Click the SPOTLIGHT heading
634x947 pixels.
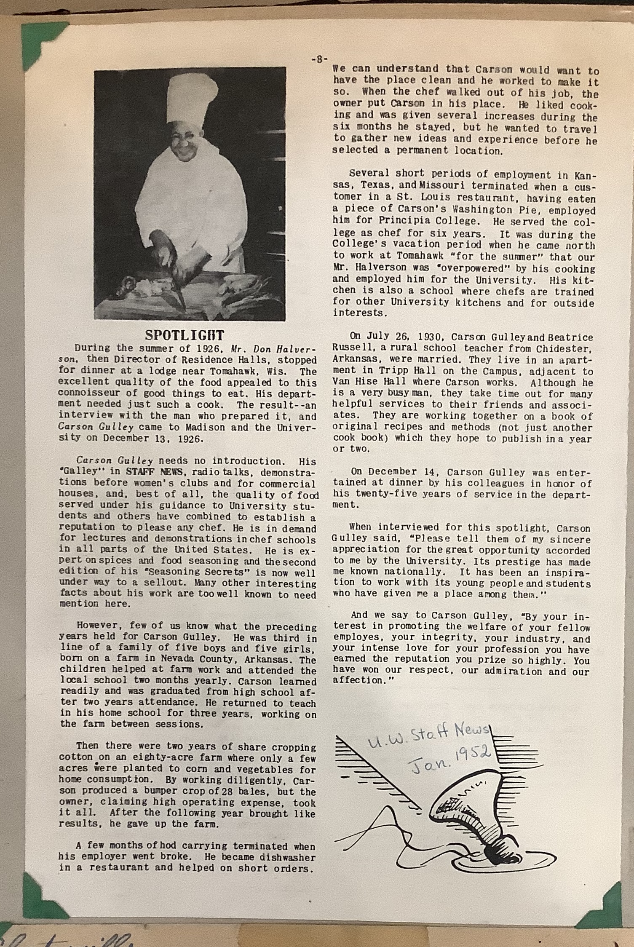pos(185,335)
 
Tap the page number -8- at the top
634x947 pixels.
pos(319,59)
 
